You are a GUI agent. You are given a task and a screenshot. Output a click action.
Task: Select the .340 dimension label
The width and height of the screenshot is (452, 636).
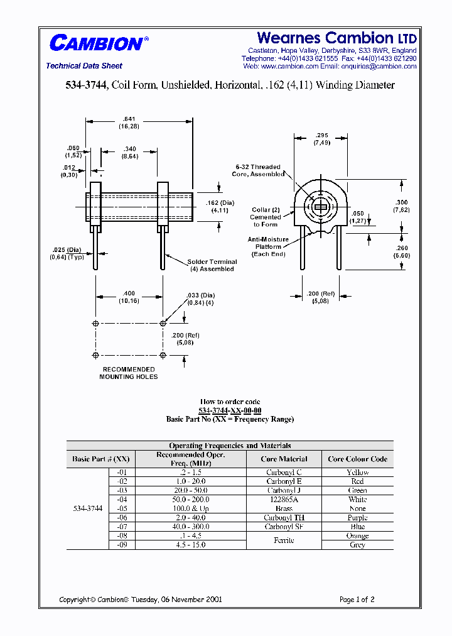[x=130, y=152]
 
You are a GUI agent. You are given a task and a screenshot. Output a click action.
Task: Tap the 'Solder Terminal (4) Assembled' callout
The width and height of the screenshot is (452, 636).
[x=212, y=265]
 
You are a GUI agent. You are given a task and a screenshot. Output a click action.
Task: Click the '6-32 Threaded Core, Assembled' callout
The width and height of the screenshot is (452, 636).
[x=257, y=170]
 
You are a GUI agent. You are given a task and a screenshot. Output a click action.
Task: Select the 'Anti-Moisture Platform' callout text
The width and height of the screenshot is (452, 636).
[x=268, y=246]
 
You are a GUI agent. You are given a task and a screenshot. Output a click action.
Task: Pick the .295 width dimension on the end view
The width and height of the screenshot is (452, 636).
[x=321, y=138]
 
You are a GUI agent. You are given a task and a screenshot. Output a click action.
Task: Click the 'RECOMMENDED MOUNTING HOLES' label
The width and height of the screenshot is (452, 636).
[x=129, y=373]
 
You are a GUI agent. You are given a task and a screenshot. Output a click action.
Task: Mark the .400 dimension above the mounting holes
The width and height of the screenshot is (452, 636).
[x=129, y=297]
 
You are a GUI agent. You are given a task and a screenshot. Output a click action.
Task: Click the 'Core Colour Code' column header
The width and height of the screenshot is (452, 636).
[x=357, y=459]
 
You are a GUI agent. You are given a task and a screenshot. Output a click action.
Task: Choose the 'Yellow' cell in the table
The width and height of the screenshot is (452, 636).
[x=357, y=473]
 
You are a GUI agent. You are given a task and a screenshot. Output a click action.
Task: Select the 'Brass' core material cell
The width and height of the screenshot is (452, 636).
[x=284, y=508]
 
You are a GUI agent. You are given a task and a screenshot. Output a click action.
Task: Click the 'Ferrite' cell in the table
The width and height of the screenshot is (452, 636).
[x=284, y=540]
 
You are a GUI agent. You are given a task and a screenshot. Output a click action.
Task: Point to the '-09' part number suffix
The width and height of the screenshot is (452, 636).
[x=122, y=545]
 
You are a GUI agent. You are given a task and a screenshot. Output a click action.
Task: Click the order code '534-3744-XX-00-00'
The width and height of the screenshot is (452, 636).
[x=230, y=410]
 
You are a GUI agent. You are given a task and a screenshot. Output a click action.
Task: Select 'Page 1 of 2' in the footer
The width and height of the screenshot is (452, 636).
[x=357, y=600]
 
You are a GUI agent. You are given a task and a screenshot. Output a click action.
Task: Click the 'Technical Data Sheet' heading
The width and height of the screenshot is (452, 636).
[x=84, y=66]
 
